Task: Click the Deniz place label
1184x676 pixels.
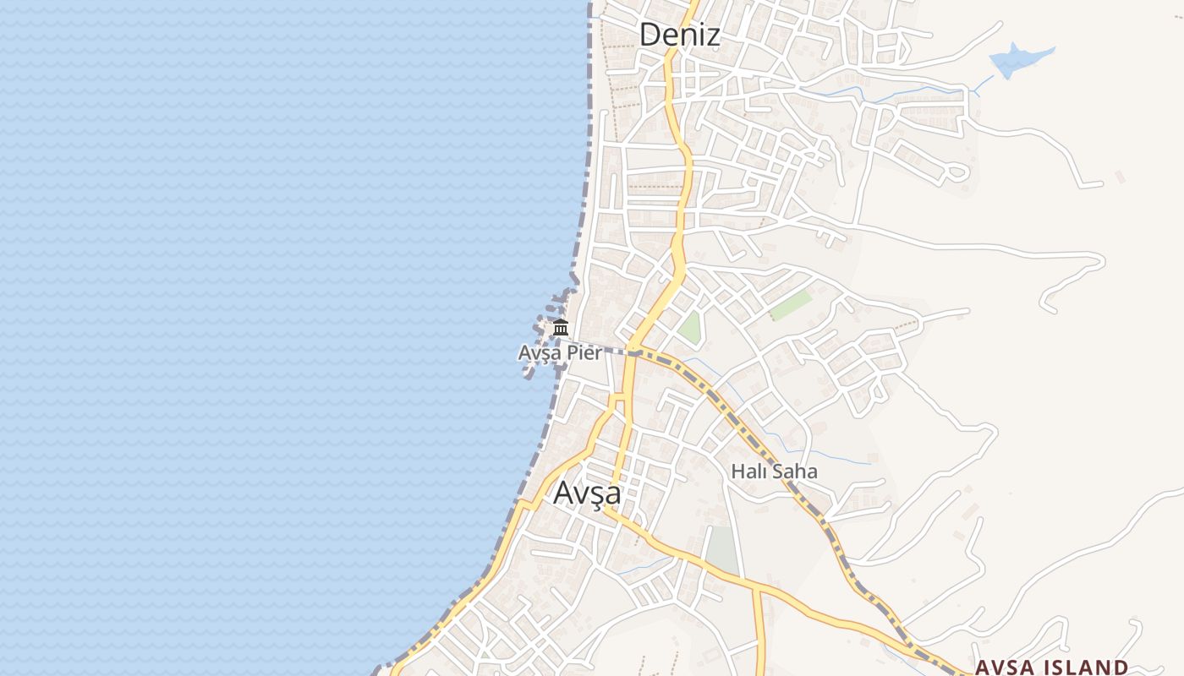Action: click(679, 35)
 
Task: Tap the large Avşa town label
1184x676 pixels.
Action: click(587, 493)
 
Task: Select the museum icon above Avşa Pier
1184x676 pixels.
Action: click(560, 328)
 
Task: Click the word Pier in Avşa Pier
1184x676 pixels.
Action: click(584, 352)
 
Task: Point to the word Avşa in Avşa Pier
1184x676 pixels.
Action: click(540, 353)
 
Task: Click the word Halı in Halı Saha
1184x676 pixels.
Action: click(748, 471)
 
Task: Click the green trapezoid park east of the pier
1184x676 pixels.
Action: click(691, 328)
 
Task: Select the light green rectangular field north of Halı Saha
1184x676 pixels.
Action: click(791, 305)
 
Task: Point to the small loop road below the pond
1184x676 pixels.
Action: click(956, 172)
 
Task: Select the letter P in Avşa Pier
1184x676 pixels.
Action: click(570, 352)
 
